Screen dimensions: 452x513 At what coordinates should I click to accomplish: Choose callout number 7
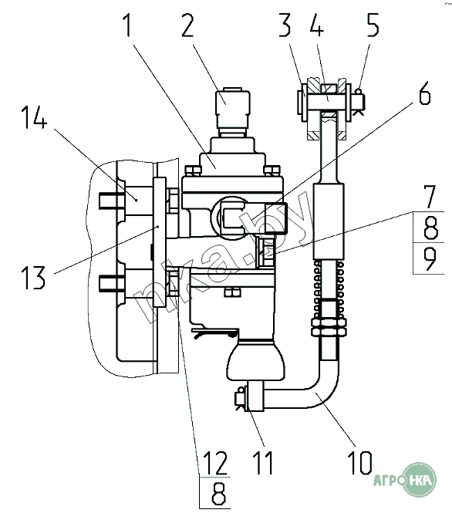(x=430, y=197)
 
